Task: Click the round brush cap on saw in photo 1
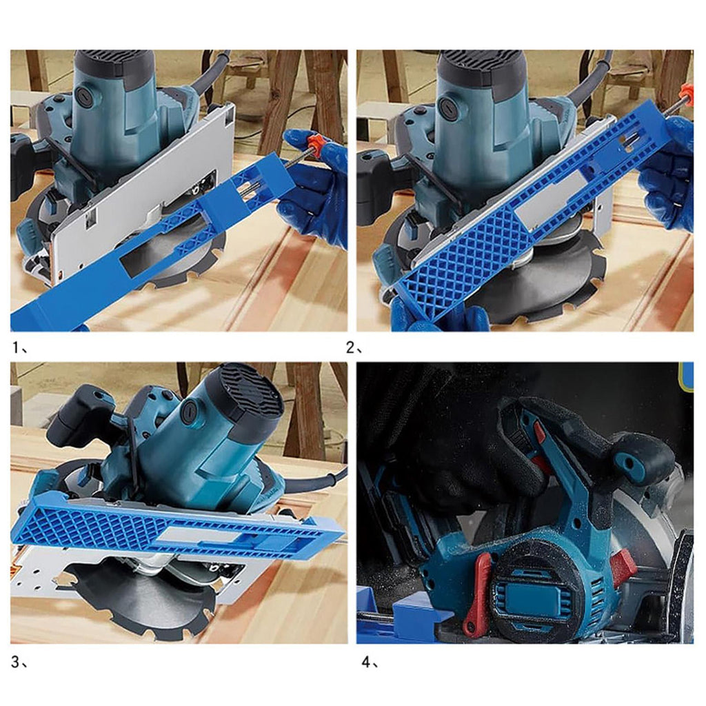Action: pyautogui.click(x=84, y=94)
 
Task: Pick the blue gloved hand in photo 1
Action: pyautogui.click(x=311, y=189)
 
